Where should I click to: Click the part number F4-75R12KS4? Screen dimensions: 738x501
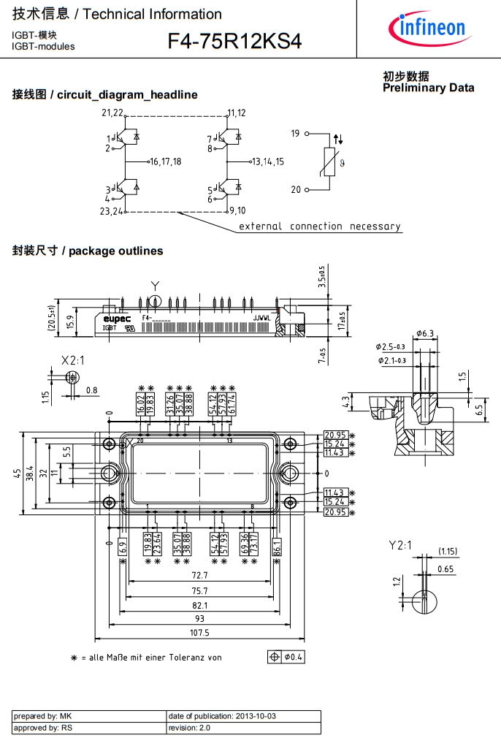[x=234, y=42]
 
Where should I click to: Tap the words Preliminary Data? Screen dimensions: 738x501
[x=428, y=88]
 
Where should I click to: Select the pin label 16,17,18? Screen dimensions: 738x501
[x=166, y=161]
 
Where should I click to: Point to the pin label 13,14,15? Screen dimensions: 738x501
[x=268, y=161]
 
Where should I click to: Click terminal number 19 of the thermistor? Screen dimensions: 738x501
[x=296, y=134]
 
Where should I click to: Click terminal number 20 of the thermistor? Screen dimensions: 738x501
[x=296, y=190]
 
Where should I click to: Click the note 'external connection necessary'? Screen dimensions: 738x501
[x=320, y=227]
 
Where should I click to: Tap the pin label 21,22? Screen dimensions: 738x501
[x=112, y=113]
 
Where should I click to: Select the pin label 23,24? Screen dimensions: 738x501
[x=111, y=212]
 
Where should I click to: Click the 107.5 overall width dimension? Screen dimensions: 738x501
[x=199, y=633]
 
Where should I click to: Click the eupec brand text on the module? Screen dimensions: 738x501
[x=117, y=319]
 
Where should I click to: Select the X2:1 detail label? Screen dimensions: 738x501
[x=72, y=360]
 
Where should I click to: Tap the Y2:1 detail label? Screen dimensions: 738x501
[x=400, y=544]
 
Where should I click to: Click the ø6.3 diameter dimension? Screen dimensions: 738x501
[x=424, y=334]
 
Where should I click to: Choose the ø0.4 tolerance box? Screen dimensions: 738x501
[x=287, y=657]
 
